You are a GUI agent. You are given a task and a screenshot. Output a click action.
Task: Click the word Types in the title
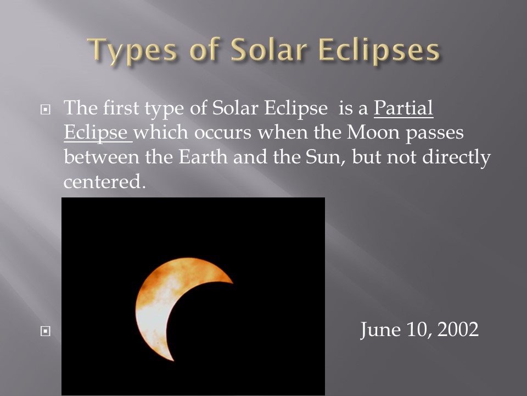(x=132, y=51)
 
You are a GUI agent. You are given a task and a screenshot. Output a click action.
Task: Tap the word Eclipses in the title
(x=379, y=50)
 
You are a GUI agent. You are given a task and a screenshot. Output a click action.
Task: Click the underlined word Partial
(x=403, y=108)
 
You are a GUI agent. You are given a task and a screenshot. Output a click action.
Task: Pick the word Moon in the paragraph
(x=373, y=132)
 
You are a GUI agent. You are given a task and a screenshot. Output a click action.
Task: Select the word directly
(x=456, y=157)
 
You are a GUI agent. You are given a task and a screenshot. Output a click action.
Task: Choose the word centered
(x=104, y=182)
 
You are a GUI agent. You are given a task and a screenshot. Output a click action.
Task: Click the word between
(x=102, y=157)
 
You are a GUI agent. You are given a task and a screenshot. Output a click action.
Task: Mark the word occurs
(x=222, y=133)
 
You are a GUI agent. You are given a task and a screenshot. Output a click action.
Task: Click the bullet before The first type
(x=46, y=109)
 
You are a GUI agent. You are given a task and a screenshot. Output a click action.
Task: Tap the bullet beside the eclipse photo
(x=46, y=331)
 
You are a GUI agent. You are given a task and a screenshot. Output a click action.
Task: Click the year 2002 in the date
(x=458, y=329)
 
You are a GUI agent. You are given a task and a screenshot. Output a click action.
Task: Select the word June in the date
(x=380, y=330)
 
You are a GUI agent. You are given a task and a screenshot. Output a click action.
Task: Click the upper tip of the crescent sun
(x=232, y=283)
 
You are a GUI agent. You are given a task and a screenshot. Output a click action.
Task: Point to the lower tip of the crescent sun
(x=173, y=360)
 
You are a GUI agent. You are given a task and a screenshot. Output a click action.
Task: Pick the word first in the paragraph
(x=121, y=108)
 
